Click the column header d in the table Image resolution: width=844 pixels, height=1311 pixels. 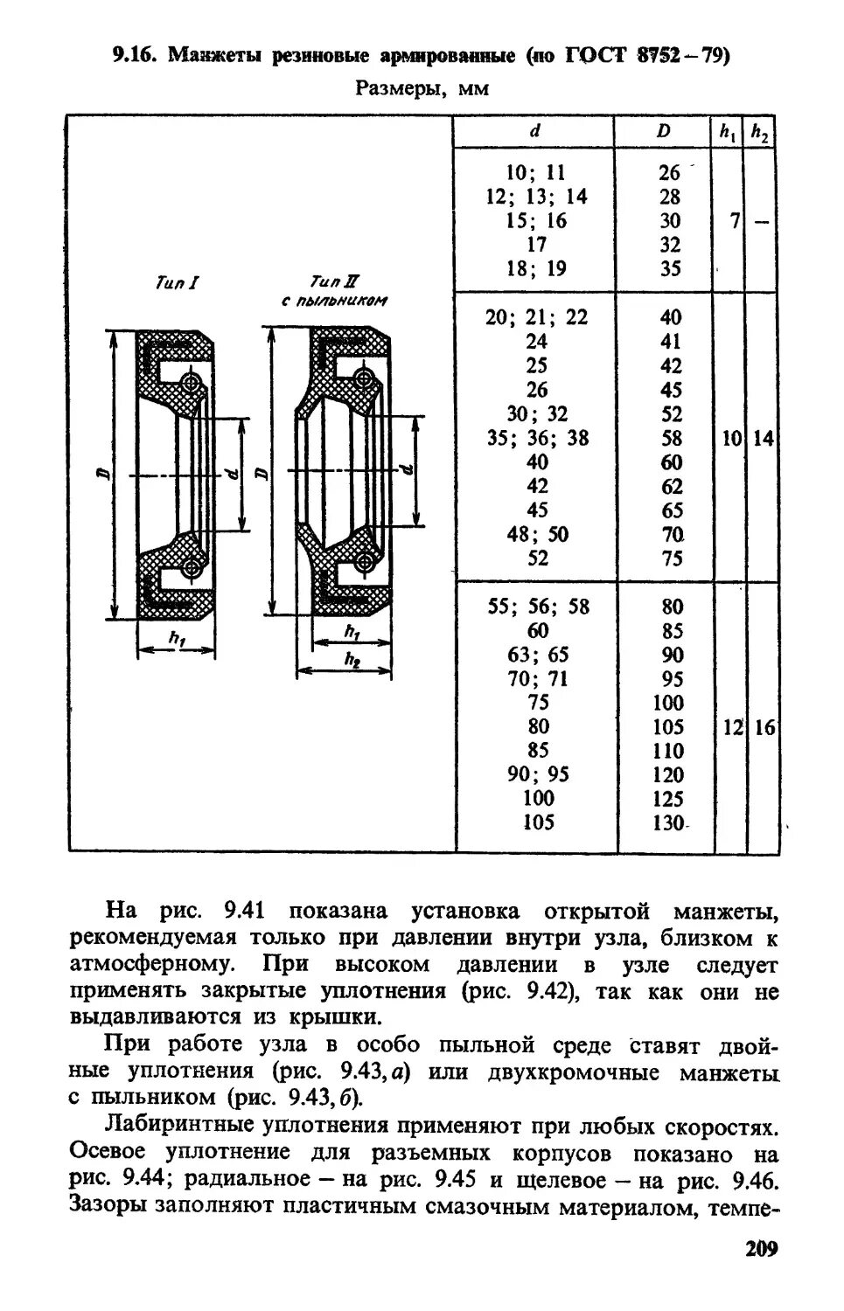534,131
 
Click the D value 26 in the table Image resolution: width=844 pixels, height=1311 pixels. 669,173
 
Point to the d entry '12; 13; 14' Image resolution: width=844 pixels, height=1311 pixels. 536,197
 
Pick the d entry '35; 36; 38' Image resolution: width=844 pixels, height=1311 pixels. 538,438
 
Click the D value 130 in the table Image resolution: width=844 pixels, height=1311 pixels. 670,822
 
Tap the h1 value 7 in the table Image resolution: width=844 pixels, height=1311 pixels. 734,221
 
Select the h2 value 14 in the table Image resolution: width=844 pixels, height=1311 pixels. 763,438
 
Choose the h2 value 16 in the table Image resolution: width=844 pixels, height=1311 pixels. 764,727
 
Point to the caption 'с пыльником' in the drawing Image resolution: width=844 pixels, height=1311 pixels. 335,301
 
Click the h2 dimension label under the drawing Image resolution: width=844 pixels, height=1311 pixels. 352,661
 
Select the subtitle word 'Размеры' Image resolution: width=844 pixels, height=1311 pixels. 394,88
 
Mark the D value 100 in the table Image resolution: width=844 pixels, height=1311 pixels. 670,703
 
